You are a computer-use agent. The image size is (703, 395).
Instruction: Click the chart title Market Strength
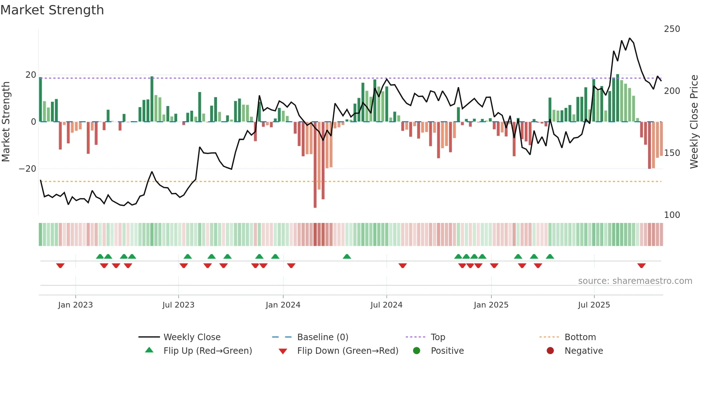(x=52, y=10)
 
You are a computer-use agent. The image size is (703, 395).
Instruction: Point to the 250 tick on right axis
(x=672, y=29)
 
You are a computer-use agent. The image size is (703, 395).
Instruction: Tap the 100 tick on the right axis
(x=672, y=215)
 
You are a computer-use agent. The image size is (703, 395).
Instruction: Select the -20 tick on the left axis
(x=28, y=169)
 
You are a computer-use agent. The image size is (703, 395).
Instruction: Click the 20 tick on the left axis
(x=31, y=75)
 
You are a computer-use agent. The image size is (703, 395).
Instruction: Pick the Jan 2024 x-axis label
(x=283, y=305)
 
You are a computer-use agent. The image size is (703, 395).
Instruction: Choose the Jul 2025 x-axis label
(x=594, y=305)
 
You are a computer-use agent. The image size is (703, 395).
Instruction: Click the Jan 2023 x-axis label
(x=75, y=305)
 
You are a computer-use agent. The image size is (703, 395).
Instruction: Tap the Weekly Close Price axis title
(x=694, y=122)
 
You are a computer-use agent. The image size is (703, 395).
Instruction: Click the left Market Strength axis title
(x=6, y=122)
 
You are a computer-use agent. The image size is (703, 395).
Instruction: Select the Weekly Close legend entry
(x=192, y=337)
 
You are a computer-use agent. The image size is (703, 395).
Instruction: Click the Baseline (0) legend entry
(x=322, y=337)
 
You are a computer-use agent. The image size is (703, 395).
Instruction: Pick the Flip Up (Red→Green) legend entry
(x=207, y=351)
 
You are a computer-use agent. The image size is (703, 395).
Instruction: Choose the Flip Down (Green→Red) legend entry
(x=347, y=351)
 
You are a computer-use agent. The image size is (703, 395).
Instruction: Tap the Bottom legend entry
(x=580, y=337)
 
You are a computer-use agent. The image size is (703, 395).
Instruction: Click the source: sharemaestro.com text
(x=635, y=281)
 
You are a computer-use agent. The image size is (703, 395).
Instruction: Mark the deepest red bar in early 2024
(x=315, y=165)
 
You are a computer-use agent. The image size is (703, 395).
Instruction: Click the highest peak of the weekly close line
(x=629, y=38)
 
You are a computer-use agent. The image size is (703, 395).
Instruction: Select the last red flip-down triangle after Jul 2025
(x=641, y=266)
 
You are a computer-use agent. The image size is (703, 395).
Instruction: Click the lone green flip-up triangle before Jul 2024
(x=347, y=257)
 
